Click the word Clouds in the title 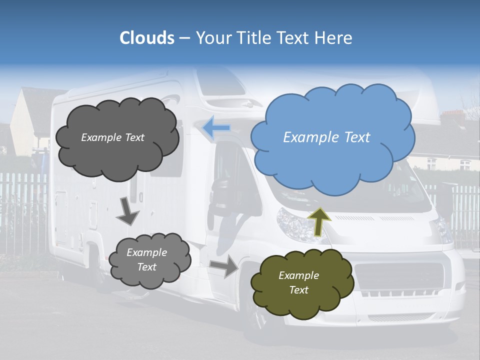point(147,38)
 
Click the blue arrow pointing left point(216,128)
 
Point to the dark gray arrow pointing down point(127,211)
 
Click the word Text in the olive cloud point(299,290)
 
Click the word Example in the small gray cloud point(146,252)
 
